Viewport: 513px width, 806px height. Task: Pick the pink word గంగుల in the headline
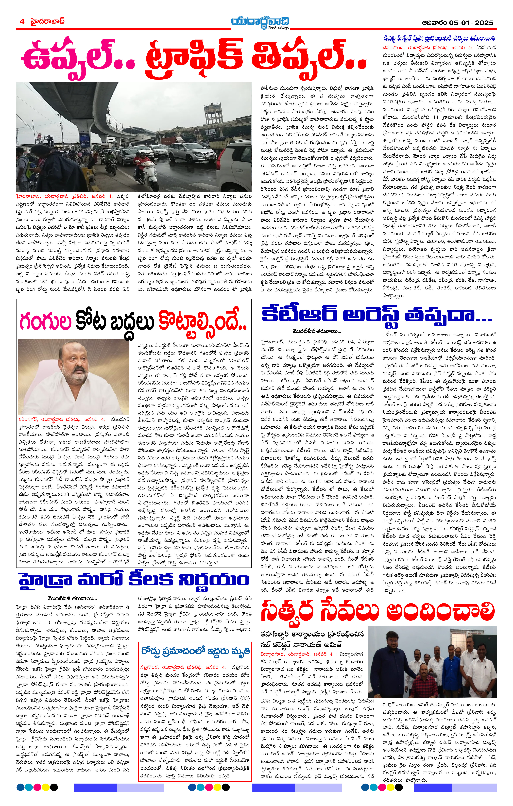click(x=46, y=321)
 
